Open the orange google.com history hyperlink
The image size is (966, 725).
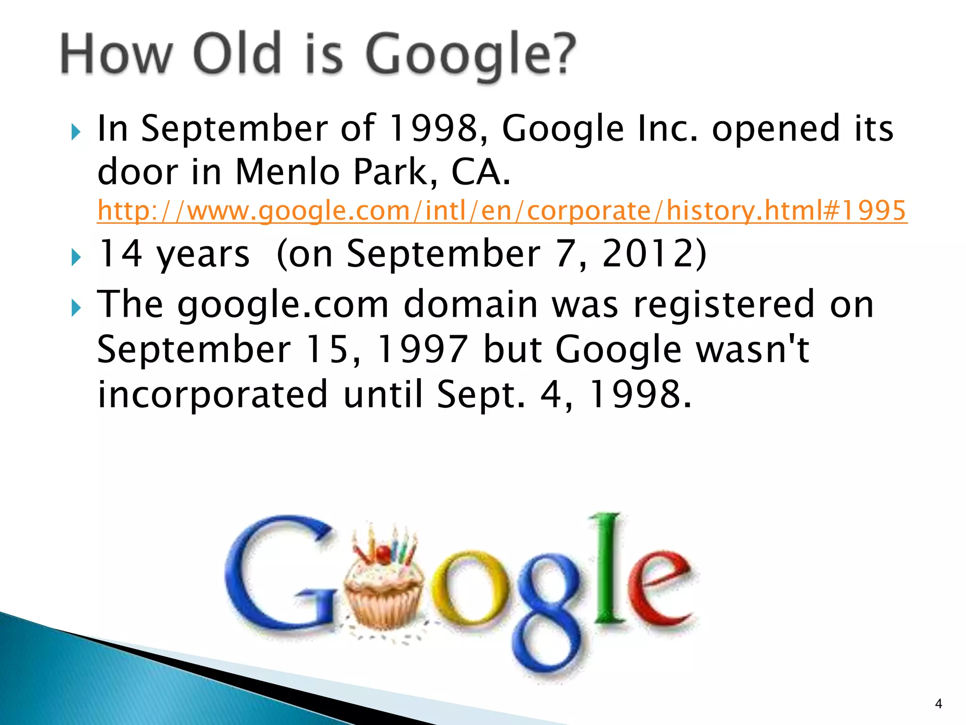[x=501, y=211]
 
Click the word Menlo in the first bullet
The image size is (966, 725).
[x=287, y=171]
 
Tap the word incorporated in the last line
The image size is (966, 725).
[x=212, y=395]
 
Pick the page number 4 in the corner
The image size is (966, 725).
[x=938, y=704]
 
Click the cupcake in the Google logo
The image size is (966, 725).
[x=383, y=585]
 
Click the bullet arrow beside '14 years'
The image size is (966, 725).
[x=76, y=257]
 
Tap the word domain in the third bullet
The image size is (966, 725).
[x=470, y=304]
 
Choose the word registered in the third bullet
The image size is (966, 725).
[x=724, y=304]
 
